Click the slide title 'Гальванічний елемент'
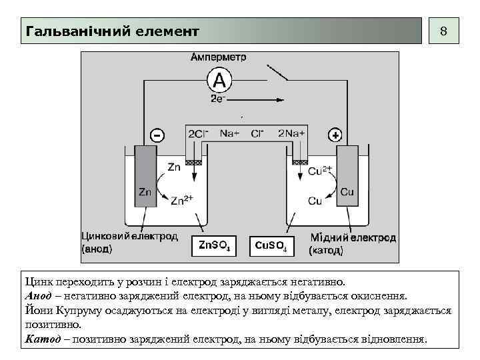(112, 31)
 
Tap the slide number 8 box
(443, 31)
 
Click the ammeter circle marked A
(219, 81)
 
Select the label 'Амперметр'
(219, 57)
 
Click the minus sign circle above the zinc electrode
(156, 135)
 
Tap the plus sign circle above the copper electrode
(335, 135)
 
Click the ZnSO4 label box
(215, 247)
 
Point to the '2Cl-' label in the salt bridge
(198, 133)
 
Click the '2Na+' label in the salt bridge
(292, 133)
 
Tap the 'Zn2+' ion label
(182, 199)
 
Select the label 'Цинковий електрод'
(129, 236)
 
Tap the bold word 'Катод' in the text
(42, 339)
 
